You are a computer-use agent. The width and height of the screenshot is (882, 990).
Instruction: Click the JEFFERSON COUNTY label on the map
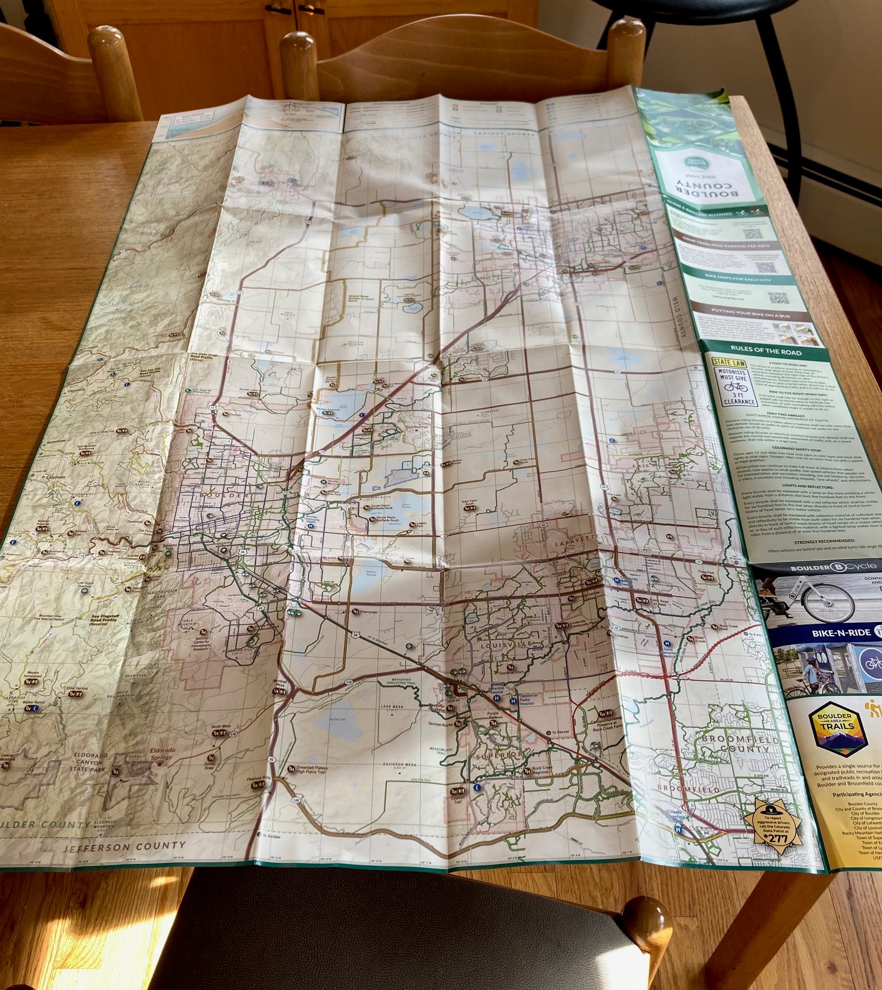pyautogui.click(x=125, y=847)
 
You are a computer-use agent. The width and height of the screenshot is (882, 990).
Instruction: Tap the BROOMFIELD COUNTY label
pyautogui.click(x=739, y=744)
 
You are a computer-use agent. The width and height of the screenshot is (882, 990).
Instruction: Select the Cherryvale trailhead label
pyautogui.click(x=368, y=612)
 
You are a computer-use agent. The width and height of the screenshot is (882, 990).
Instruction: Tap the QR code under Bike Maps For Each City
pyautogui.click(x=778, y=298)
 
